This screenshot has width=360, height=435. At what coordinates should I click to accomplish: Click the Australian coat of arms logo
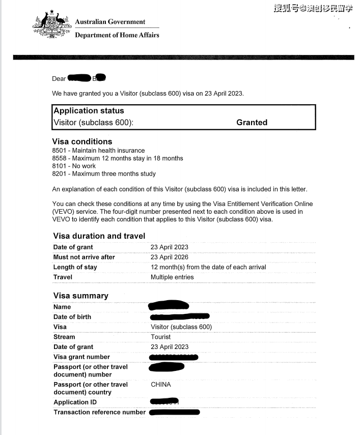click(51, 24)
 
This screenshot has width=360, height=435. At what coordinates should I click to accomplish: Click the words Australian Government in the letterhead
click(110, 22)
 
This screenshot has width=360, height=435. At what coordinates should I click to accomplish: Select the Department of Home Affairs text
click(117, 35)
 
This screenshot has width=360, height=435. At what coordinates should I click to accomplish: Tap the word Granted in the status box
click(252, 123)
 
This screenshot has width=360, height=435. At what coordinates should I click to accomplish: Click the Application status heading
click(89, 111)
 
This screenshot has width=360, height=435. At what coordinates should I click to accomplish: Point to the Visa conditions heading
click(82, 141)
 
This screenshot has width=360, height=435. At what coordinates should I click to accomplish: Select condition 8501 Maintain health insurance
click(98, 151)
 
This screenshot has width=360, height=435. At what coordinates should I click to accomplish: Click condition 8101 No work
click(74, 166)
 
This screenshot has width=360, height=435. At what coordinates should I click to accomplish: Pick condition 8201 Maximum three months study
click(103, 173)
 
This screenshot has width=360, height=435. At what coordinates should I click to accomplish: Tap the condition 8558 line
click(117, 158)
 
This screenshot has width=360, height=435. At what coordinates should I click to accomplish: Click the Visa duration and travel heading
click(99, 236)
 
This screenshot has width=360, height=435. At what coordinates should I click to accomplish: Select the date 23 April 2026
click(170, 257)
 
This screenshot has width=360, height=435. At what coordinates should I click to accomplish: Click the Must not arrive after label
click(84, 257)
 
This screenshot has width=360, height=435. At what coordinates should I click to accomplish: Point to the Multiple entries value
click(172, 277)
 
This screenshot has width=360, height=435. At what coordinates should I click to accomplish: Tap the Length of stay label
click(75, 267)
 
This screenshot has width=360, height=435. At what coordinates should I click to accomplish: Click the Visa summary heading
click(80, 296)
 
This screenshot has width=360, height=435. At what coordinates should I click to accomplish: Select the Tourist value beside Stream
click(161, 337)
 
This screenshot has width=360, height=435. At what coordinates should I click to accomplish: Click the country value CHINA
click(161, 385)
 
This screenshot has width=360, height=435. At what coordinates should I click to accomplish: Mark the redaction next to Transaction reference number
click(175, 412)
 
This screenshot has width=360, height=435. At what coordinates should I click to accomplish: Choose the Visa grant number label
click(81, 357)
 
